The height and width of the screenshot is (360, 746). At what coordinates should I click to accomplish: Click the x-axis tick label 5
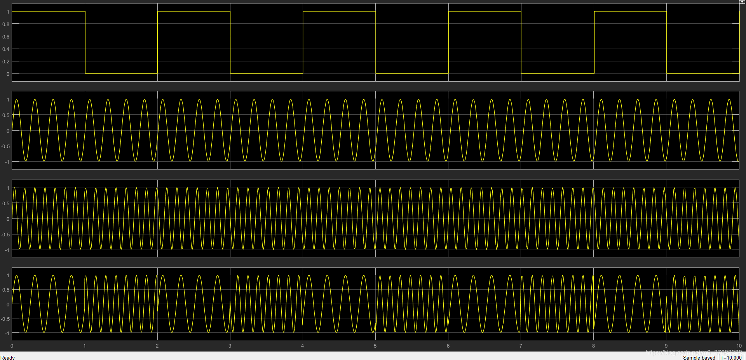pyautogui.click(x=375, y=346)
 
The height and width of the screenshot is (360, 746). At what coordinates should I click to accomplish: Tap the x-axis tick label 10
pyautogui.click(x=739, y=346)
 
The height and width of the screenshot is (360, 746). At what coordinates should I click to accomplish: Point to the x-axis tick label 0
pyautogui.click(x=12, y=346)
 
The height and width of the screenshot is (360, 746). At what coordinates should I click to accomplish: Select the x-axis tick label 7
pyautogui.click(x=521, y=346)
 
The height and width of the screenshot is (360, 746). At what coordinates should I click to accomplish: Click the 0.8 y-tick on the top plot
pyautogui.click(x=6, y=24)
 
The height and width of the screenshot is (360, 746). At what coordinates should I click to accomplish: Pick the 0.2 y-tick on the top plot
pyautogui.click(x=6, y=61)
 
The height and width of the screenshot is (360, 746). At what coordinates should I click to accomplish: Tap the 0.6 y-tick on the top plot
pyautogui.click(x=6, y=37)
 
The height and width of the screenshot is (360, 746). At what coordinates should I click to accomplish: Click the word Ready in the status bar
pyautogui.click(x=8, y=357)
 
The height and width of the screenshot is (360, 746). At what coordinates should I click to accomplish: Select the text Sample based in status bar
pyautogui.click(x=699, y=357)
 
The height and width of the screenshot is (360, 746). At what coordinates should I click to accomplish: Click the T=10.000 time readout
pyautogui.click(x=731, y=357)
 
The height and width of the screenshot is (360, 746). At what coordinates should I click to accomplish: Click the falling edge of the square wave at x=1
pyautogui.click(x=85, y=42)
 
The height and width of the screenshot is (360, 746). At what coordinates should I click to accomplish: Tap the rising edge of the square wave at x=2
pyautogui.click(x=157, y=42)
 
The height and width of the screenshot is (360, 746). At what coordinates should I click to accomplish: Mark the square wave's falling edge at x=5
pyautogui.click(x=376, y=42)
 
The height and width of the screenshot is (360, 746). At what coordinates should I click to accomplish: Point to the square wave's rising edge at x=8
pyautogui.click(x=594, y=42)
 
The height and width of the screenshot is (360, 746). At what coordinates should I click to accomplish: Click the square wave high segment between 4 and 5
pyautogui.click(x=339, y=11)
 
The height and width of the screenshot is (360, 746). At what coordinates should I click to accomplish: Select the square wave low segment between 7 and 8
pyautogui.click(x=558, y=73)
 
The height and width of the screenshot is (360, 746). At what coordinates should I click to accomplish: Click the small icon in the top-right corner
pyautogui.click(x=742, y=2)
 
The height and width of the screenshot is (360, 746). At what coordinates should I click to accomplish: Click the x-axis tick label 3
pyautogui.click(x=230, y=346)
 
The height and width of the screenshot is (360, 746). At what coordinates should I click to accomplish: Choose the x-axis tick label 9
pyautogui.click(x=666, y=346)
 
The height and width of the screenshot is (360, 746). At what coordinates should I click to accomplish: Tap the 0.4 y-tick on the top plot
pyautogui.click(x=6, y=49)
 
